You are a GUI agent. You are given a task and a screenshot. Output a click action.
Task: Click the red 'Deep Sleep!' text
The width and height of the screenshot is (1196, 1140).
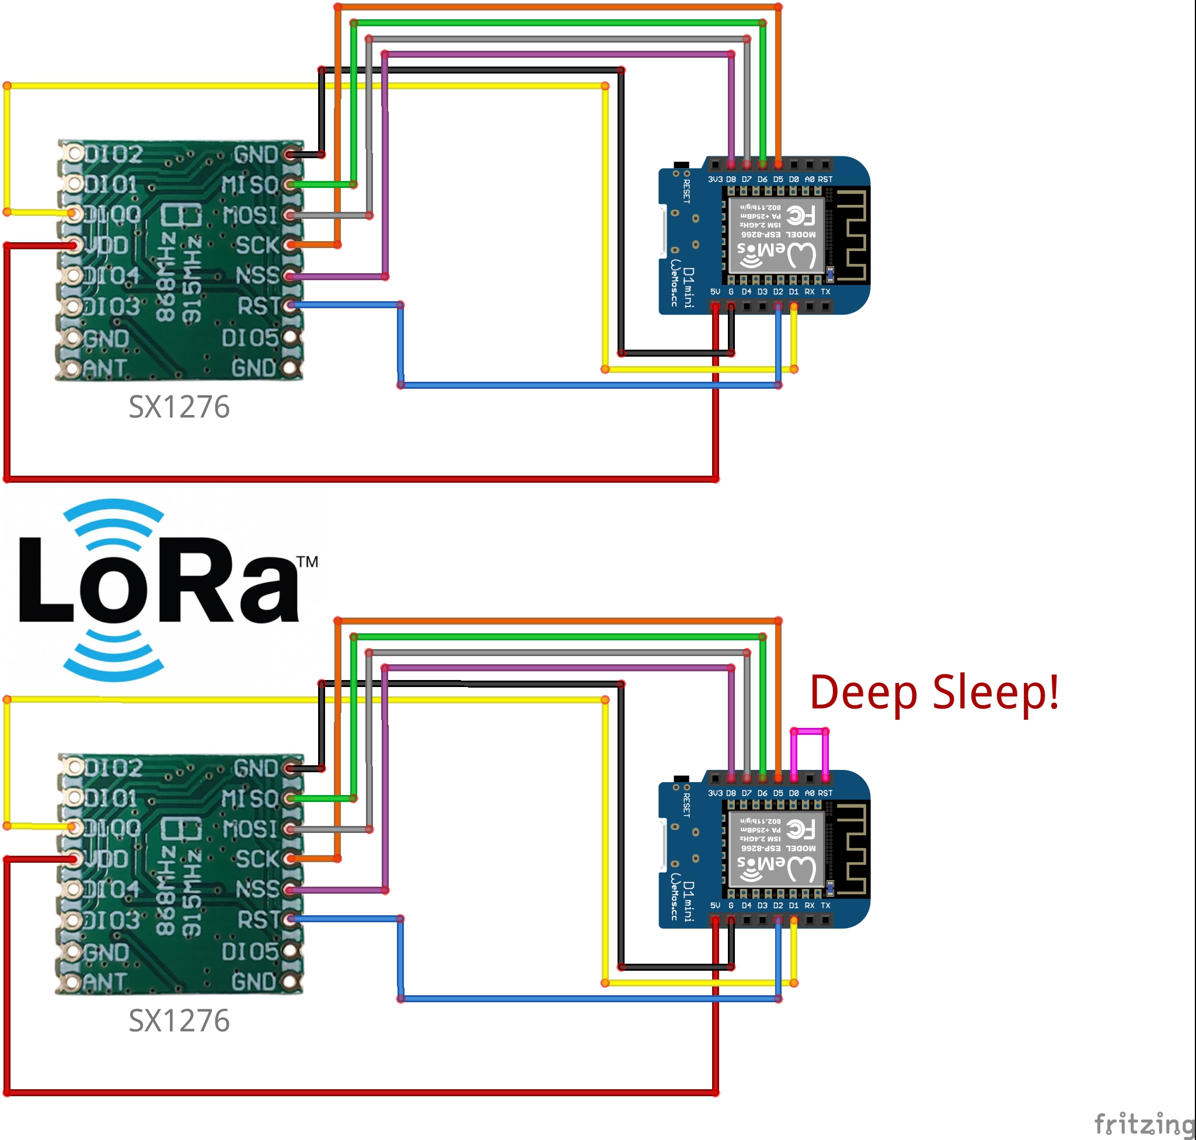(934, 693)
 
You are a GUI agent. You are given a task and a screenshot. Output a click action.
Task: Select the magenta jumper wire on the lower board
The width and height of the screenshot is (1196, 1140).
(809, 731)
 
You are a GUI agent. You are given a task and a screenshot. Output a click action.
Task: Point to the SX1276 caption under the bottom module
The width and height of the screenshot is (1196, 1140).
(179, 1021)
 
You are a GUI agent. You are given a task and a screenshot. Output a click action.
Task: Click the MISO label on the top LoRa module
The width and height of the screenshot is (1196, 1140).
(249, 184)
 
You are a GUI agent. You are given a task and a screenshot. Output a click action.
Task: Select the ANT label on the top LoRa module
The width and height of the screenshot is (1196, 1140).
(104, 368)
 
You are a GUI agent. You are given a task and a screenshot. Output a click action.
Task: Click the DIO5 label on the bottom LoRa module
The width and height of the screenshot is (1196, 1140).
(249, 951)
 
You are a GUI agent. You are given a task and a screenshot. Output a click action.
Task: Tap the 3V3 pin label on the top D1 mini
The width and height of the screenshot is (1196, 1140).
(714, 180)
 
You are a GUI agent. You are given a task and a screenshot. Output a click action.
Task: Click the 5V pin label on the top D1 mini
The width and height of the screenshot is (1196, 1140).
(714, 292)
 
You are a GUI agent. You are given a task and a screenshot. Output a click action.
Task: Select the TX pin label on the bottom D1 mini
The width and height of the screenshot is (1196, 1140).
(825, 905)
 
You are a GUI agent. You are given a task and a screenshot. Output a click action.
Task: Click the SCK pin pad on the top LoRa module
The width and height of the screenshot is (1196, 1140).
(291, 245)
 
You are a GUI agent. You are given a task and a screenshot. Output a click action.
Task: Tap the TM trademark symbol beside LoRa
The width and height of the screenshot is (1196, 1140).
(308, 562)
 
